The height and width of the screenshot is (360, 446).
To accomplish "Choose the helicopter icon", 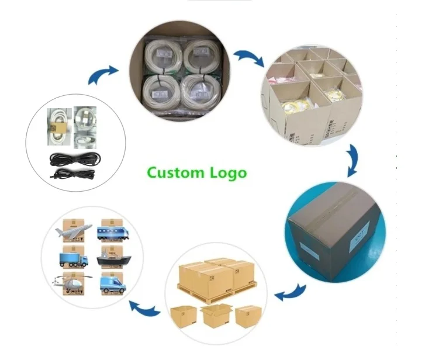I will coord(70,284).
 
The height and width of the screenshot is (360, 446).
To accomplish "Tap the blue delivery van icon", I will coord(112,285).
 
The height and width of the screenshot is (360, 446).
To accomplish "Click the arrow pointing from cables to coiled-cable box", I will coord(102,75).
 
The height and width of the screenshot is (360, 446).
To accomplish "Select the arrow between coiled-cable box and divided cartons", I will coord(249,58).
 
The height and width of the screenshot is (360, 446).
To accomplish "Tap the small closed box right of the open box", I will coord(245,316).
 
